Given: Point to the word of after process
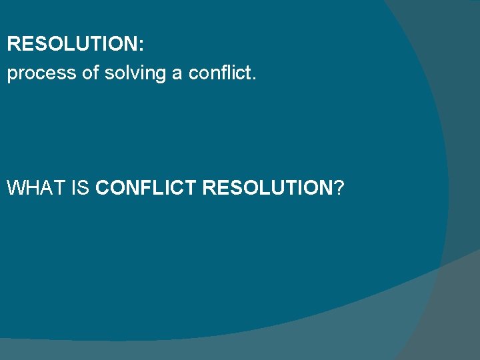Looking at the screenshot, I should [90, 73].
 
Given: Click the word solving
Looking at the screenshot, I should [135, 73].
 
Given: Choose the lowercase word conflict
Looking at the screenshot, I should [219, 73].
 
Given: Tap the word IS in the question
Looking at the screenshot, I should [81, 188].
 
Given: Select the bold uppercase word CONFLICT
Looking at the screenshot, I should [146, 188].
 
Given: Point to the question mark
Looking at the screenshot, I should [339, 188].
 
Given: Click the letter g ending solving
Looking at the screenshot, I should [160, 75].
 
